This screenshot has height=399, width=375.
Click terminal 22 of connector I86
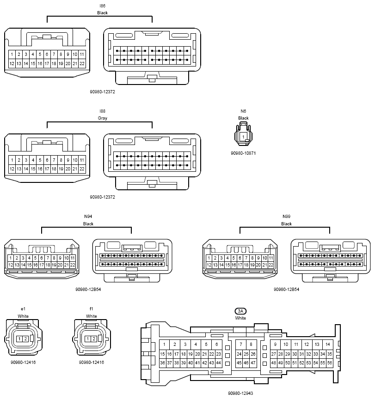(82, 64)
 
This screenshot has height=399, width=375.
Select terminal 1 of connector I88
(12, 160)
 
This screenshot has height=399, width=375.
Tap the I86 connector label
(102, 6)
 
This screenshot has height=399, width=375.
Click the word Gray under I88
(102, 118)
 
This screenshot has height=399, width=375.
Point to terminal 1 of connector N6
(243, 137)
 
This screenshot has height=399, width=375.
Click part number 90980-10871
(243, 153)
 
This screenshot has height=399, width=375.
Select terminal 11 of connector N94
(73, 258)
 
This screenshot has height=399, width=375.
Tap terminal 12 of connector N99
(209, 265)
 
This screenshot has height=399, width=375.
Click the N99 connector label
(286, 216)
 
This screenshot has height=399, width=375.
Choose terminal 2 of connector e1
(25, 339)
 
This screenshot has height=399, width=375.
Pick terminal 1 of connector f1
(88, 339)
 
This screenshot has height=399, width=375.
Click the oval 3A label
(240, 311)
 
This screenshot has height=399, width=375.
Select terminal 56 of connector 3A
(330, 363)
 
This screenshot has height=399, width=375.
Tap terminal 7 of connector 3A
(241, 345)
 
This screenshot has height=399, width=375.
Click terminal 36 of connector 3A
(163, 363)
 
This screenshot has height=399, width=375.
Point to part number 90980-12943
(240, 393)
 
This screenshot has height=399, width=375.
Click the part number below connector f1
(92, 363)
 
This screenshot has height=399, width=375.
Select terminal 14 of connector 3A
(328, 345)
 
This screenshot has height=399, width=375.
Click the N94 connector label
(88, 216)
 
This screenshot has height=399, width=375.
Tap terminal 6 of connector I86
(47, 54)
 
